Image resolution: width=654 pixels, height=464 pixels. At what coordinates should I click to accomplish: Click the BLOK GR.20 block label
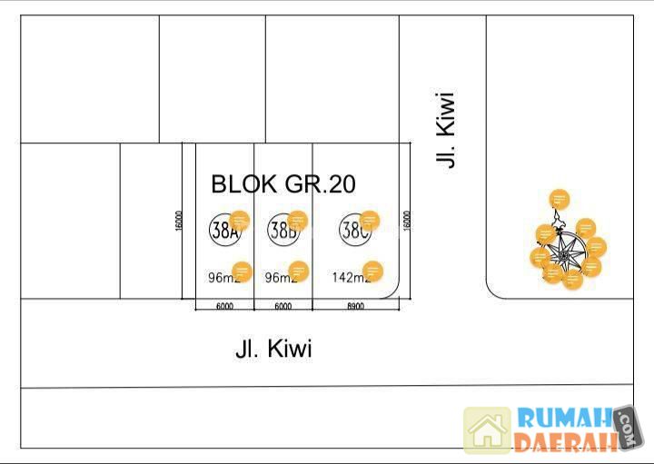coord(283,184)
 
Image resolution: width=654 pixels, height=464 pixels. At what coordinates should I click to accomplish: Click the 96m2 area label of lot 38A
coord(222,278)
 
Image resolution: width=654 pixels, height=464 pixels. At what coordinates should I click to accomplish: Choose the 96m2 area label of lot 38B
coord(281,278)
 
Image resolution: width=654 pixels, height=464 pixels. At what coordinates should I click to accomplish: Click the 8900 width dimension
coord(355,307)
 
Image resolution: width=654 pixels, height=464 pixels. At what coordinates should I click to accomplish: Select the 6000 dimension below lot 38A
coord(224,307)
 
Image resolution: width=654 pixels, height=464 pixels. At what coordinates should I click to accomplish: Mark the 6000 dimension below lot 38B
coord(282,307)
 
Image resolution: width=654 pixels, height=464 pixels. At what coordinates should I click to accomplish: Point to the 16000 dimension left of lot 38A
coord(181,220)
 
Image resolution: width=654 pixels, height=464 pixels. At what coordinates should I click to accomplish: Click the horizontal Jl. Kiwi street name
coord(273,349)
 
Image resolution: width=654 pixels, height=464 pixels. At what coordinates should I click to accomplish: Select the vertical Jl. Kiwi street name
coord(445,128)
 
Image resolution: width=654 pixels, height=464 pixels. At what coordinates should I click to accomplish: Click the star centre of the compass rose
coord(565,255)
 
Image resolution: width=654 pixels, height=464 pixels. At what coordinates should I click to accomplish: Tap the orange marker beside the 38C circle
coord(370,220)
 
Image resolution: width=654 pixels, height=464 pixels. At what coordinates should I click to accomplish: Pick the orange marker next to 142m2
coord(372,271)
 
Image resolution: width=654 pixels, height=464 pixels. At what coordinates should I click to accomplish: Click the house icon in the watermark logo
coord(488,430)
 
